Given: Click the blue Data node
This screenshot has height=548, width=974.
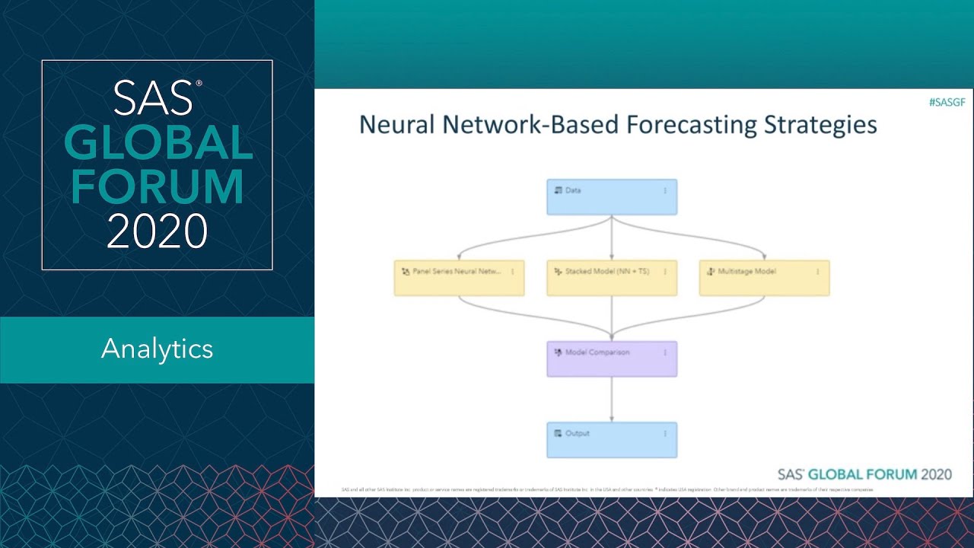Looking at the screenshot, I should click(611, 197).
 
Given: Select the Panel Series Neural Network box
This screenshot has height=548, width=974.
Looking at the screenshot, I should click(459, 278).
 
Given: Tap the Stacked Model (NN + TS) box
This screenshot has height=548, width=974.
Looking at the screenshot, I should click(611, 278).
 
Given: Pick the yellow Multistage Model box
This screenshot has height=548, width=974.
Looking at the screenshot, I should click(764, 278).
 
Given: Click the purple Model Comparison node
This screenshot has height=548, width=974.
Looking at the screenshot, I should click(611, 358).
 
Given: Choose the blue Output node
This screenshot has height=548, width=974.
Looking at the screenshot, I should click(611, 440).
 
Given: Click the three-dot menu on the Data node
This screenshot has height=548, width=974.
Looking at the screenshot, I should click(665, 190).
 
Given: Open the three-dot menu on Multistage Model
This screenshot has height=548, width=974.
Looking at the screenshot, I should click(817, 271).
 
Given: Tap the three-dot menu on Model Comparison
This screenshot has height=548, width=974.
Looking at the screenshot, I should click(665, 352).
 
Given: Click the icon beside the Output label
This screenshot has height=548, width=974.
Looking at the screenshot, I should click(558, 433).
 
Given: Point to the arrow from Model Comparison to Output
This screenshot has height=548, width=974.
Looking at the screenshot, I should click(612, 399).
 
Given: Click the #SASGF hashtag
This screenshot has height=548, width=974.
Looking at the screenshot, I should click(947, 102).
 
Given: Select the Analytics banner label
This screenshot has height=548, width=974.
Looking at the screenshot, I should click(157, 349).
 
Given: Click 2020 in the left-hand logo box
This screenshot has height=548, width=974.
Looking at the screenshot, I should click(157, 231).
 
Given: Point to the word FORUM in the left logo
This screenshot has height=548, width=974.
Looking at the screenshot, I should click(157, 186).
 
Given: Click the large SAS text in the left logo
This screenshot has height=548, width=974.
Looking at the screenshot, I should click(152, 98).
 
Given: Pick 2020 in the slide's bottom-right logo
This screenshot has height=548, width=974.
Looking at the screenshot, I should click(936, 474).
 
